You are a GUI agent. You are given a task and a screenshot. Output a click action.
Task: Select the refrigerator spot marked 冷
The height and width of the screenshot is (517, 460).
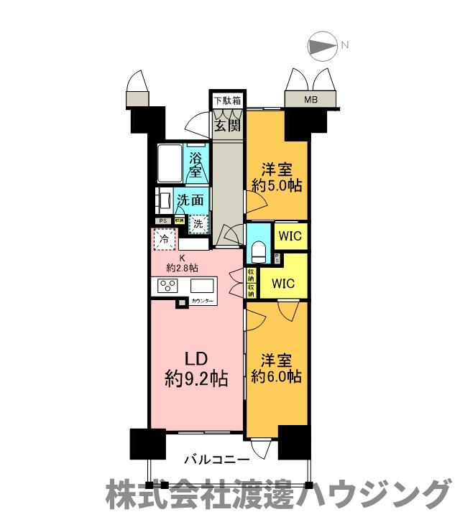tap(164, 240)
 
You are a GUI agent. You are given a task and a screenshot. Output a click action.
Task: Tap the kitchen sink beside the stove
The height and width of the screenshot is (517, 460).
tap(202, 285)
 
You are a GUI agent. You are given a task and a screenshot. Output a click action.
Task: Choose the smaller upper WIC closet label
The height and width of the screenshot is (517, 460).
tap(291, 236)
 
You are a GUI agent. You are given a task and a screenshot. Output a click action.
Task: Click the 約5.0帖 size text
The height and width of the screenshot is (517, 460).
tap(277, 185)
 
